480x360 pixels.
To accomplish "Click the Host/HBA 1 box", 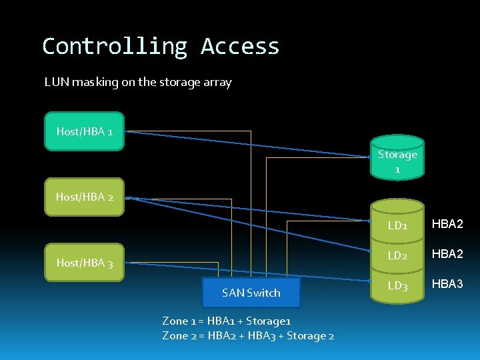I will tap(84, 131).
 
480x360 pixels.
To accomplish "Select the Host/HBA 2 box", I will tap(84, 197).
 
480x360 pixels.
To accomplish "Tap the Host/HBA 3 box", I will tap(84, 263).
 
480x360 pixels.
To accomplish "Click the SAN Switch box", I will tap(251, 293).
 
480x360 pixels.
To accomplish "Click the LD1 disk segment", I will tap(397, 225).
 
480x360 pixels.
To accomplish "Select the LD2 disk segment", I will tap(397, 255).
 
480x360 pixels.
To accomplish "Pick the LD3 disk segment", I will tap(397, 286).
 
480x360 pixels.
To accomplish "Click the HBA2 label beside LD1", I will tap(447, 224).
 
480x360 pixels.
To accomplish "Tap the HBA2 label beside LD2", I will tap(447, 254).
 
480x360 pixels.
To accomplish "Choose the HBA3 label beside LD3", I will tap(447, 285).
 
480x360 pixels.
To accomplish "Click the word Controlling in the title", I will tap(115, 47).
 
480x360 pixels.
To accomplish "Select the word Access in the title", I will tap(240, 47).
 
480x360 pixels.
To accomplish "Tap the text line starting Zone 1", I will tap(227, 321).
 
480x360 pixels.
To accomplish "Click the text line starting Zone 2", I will tap(248, 335).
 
